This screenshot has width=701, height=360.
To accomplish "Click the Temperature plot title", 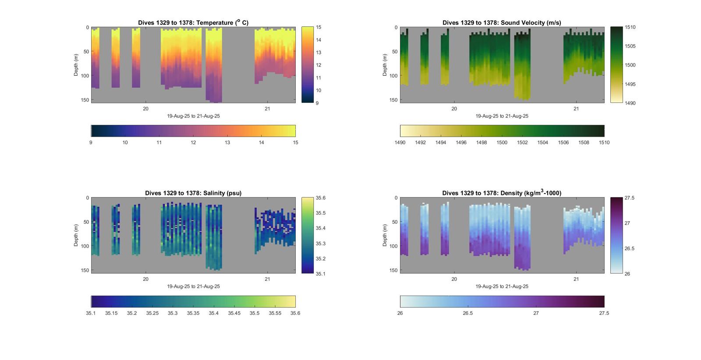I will pos(193,23).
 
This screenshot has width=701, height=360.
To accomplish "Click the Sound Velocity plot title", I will pos(502,23).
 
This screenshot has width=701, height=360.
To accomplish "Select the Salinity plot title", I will pos(193,193).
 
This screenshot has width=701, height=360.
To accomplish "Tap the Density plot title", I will pos(502,193).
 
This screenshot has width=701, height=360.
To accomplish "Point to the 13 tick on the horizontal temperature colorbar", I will pos(227,142).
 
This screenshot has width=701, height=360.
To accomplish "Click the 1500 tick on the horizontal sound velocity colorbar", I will pos(502,142).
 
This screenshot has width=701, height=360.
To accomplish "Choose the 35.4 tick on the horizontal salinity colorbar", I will pos(213,313).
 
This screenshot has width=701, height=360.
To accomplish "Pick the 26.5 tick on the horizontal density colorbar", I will pos(468,313).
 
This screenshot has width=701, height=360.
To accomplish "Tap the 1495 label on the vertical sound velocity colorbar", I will pos(630,84).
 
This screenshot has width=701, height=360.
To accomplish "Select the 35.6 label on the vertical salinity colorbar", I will pos(321,198).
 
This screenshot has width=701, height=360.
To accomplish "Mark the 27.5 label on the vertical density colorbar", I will pos(630,198).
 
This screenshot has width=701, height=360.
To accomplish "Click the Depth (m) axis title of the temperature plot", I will pos(76,65).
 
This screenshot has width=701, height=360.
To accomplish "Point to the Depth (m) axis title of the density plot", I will pos(385,236).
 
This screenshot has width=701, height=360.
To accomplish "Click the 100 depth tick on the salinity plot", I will pos(85,246).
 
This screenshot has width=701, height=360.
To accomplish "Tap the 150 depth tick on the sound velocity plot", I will pos(393,100).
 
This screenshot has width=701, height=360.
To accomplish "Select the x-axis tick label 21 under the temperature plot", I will pos(267,109).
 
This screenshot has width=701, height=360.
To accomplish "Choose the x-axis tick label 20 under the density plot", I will pos(454,279).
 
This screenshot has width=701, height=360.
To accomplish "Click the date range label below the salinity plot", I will pos(193,286).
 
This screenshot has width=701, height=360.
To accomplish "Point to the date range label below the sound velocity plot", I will pos(502,116).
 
